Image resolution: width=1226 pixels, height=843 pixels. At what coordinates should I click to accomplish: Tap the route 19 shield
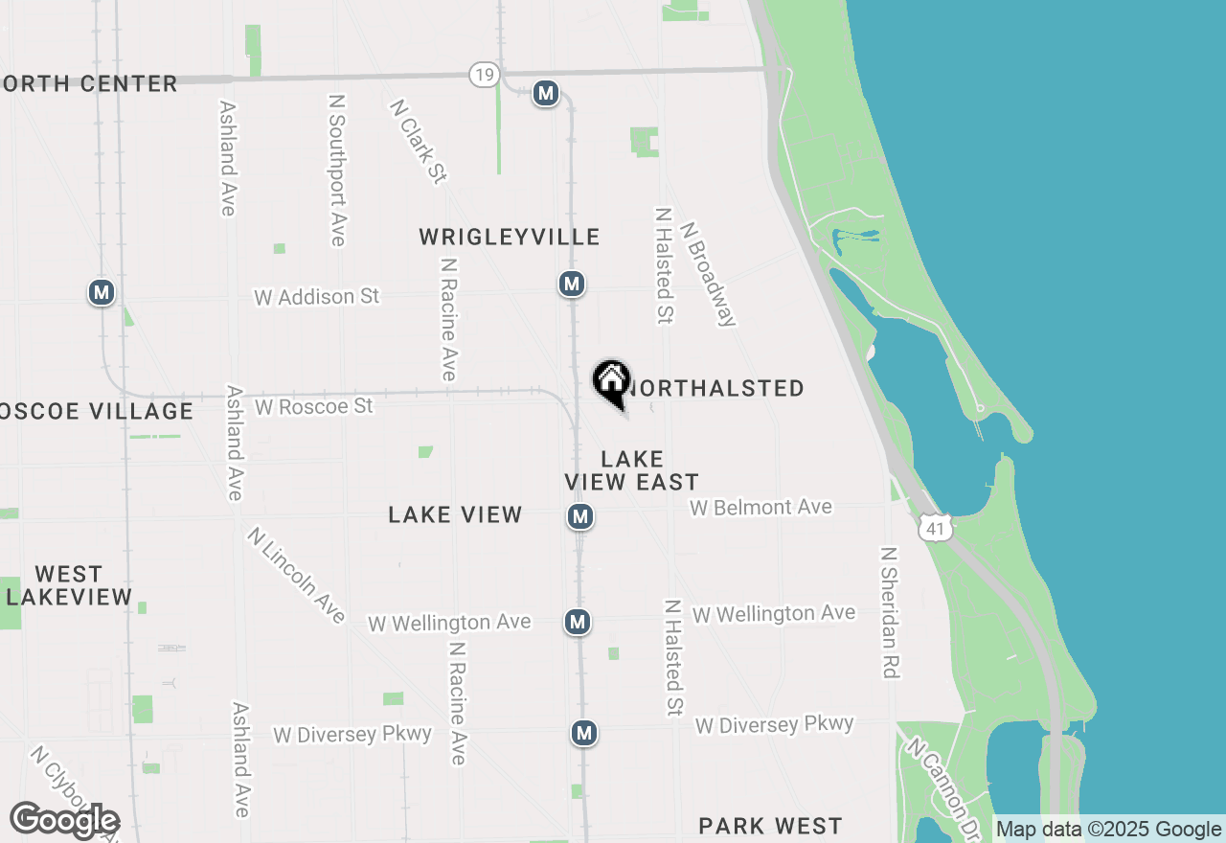[x=484, y=75]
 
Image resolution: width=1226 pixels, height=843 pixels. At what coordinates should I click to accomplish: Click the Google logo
[x=64, y=820]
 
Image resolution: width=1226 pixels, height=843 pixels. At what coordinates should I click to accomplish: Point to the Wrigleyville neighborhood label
[x=510, y=237]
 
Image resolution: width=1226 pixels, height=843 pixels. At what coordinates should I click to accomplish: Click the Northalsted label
[x=715, y=388]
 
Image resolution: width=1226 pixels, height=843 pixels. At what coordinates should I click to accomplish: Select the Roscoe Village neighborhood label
[x=96, y=411]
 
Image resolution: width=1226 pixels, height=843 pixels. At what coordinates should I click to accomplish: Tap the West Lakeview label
[x=69, y=585]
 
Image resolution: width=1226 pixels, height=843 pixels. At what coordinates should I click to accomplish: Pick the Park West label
[x=770, y=826]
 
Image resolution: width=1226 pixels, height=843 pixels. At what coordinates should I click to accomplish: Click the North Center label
[x=89, y=83]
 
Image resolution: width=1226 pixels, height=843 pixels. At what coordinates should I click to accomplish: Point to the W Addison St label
[x=316, y=297]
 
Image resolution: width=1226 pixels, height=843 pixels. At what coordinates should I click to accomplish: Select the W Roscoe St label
[x=313, y=406]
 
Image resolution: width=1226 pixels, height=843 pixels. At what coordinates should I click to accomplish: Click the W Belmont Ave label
[x=761, y=507]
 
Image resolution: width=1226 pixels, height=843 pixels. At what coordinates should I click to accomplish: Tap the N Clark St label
[x=419, y=141]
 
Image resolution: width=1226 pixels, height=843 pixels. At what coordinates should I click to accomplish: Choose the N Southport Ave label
[x=336, y=170]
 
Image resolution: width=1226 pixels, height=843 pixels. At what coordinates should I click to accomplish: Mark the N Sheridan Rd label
[x=890, y=613]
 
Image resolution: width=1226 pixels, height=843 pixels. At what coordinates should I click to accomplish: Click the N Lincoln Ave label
[x=295, y=575]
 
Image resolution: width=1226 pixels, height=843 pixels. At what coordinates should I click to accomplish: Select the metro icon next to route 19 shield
[x=546, y=93]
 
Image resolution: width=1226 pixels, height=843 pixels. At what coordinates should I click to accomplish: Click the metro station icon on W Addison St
[x=572, y=284]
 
